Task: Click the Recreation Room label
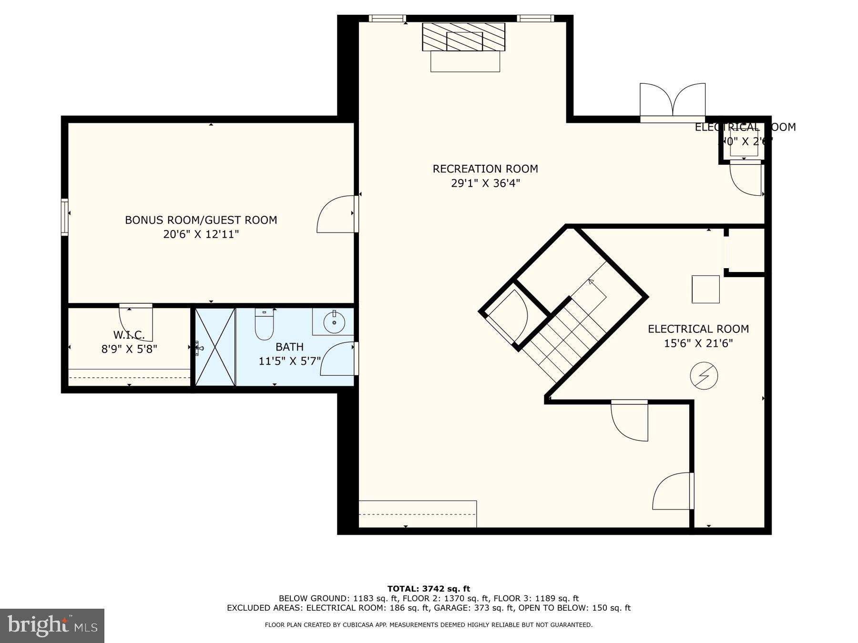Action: point(485,169)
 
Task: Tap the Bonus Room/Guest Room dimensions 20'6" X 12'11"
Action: point(201,234)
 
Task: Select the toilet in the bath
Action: point(264,325)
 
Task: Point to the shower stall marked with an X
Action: point(215,347)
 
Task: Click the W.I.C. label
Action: point(129,334)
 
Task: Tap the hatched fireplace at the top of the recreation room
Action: point(463,37)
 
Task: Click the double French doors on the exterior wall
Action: point(672,101)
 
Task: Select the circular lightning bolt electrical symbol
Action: point(704,376)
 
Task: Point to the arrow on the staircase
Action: point(592,282)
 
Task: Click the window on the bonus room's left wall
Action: point(64,217)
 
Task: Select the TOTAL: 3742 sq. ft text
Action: point(429,589)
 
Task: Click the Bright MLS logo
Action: point(52,625)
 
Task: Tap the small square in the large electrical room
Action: point(705,289)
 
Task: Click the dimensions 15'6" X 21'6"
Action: point(698,343)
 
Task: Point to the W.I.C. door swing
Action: point(137,323)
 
